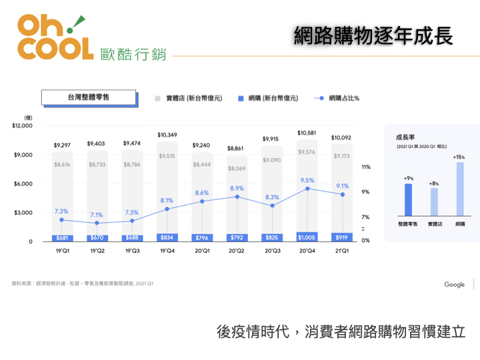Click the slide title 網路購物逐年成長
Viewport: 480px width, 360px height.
(373, 36)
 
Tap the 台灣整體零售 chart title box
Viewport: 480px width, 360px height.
(89, 97)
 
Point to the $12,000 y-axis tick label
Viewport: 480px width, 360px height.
(22, 126)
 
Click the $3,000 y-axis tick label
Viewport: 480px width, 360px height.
(24, 213)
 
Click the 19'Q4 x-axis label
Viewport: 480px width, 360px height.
(167, 251)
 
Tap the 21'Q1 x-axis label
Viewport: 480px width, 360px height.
(342, 251)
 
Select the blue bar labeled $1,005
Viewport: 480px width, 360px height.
(307, 237)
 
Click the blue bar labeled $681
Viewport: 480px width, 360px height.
(62, 238)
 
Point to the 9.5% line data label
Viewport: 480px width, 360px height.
(307, 180)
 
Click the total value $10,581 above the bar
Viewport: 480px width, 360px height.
(307, 133)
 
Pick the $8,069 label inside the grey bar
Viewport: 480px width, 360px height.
(237, 169)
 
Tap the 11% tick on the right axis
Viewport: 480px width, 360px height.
(366, 167)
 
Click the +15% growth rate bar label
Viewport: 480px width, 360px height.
(459, 157)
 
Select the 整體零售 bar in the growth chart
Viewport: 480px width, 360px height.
(408, 199)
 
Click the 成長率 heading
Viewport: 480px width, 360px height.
(406, 136)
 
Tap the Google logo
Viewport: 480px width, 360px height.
(455, 285)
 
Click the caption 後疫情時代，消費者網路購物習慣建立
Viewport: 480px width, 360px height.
(341, 331)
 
